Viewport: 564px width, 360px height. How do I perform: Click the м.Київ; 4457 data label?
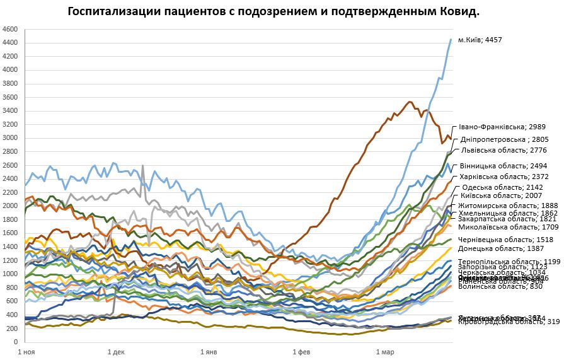[489, 40]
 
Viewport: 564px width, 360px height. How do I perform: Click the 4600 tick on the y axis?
[11, 29]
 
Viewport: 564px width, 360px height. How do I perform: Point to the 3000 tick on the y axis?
[11, 138]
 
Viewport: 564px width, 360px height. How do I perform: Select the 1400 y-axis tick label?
[11, 247]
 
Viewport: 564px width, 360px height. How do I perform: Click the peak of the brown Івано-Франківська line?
[410, 102]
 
